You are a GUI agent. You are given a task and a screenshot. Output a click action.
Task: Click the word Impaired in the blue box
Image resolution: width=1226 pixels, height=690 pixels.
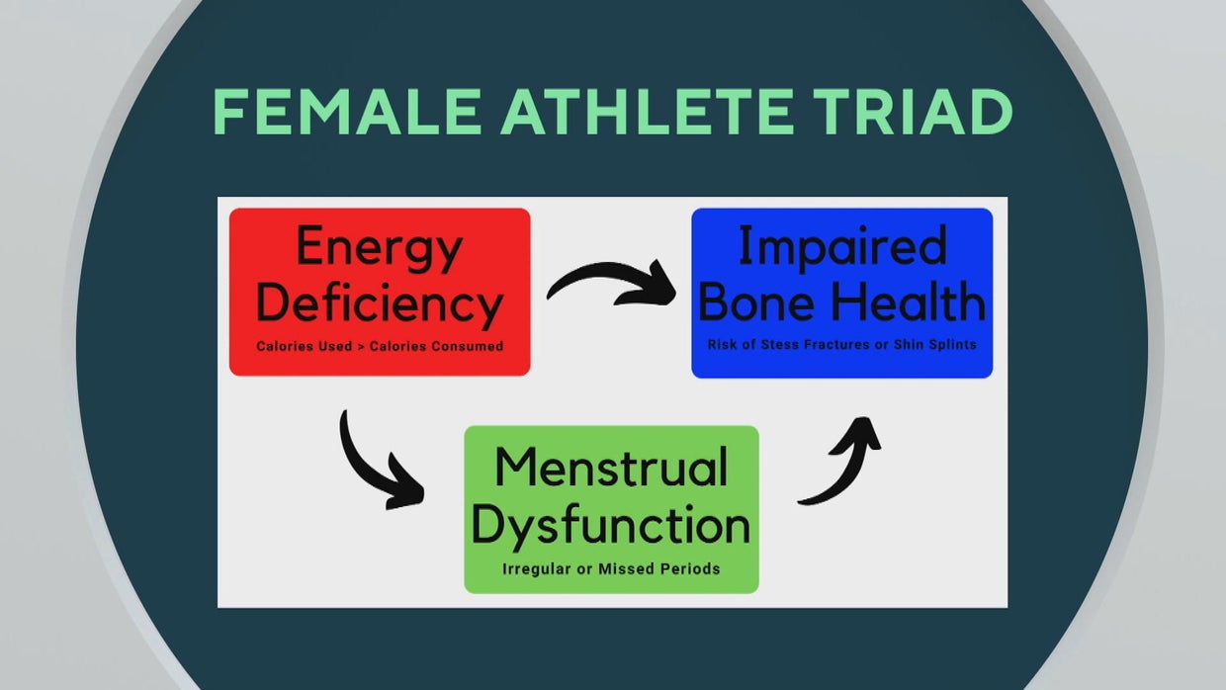coord(842,246)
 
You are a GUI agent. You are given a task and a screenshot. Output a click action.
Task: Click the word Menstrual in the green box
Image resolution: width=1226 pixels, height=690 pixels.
coord(611,467)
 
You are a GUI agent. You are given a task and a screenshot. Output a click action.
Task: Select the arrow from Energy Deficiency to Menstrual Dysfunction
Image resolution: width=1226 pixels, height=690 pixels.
coord(379,463)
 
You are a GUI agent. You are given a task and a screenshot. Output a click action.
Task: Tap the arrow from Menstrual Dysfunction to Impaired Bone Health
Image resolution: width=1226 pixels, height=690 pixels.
coord(840,460)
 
